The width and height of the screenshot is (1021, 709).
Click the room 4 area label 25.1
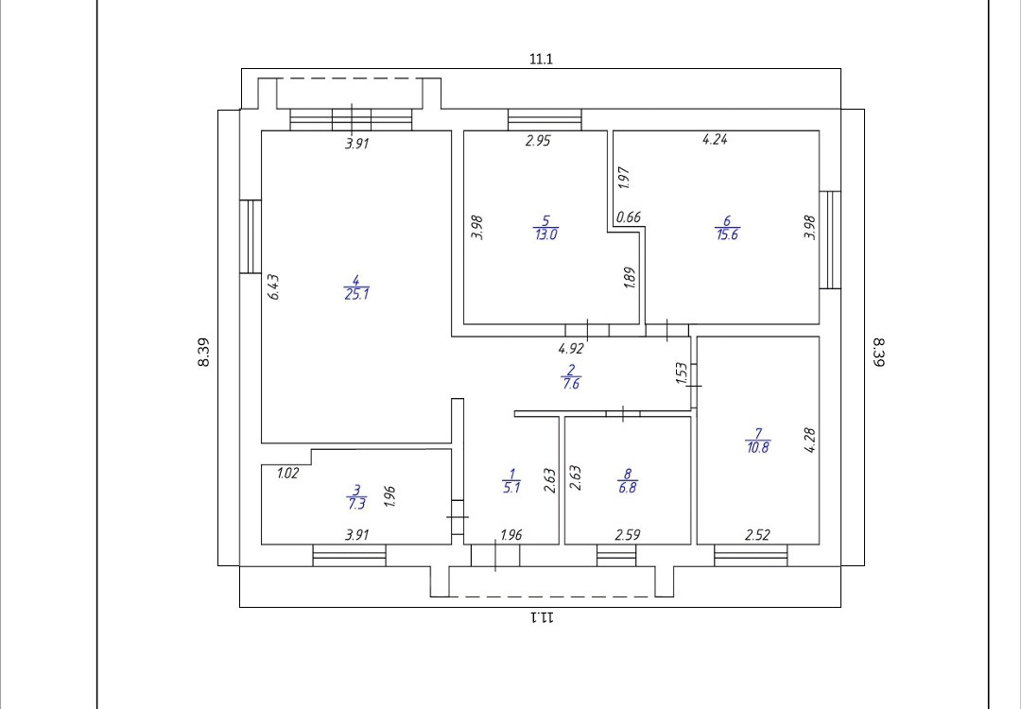356,294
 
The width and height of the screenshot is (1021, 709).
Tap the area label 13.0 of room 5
545,234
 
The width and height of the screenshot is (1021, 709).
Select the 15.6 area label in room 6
727,234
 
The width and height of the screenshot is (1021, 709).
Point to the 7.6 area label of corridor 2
570,384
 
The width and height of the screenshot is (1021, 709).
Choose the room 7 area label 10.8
757,447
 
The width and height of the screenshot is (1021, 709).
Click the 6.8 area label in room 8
628,488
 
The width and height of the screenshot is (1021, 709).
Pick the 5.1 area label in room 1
511,488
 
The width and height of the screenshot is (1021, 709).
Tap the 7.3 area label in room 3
356,504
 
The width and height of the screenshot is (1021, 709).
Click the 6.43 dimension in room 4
274,287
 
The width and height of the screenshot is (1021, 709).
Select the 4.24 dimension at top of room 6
715,140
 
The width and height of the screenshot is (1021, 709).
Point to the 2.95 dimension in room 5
538,141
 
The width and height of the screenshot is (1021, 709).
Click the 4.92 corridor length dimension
571,348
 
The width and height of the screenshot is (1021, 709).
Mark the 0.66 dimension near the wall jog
629,217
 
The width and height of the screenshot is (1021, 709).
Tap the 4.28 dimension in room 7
809,441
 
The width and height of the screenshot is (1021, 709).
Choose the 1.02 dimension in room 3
288,474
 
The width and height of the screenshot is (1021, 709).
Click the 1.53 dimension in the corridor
682,373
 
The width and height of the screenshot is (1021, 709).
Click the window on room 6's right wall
829,240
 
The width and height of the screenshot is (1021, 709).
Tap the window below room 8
616,556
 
